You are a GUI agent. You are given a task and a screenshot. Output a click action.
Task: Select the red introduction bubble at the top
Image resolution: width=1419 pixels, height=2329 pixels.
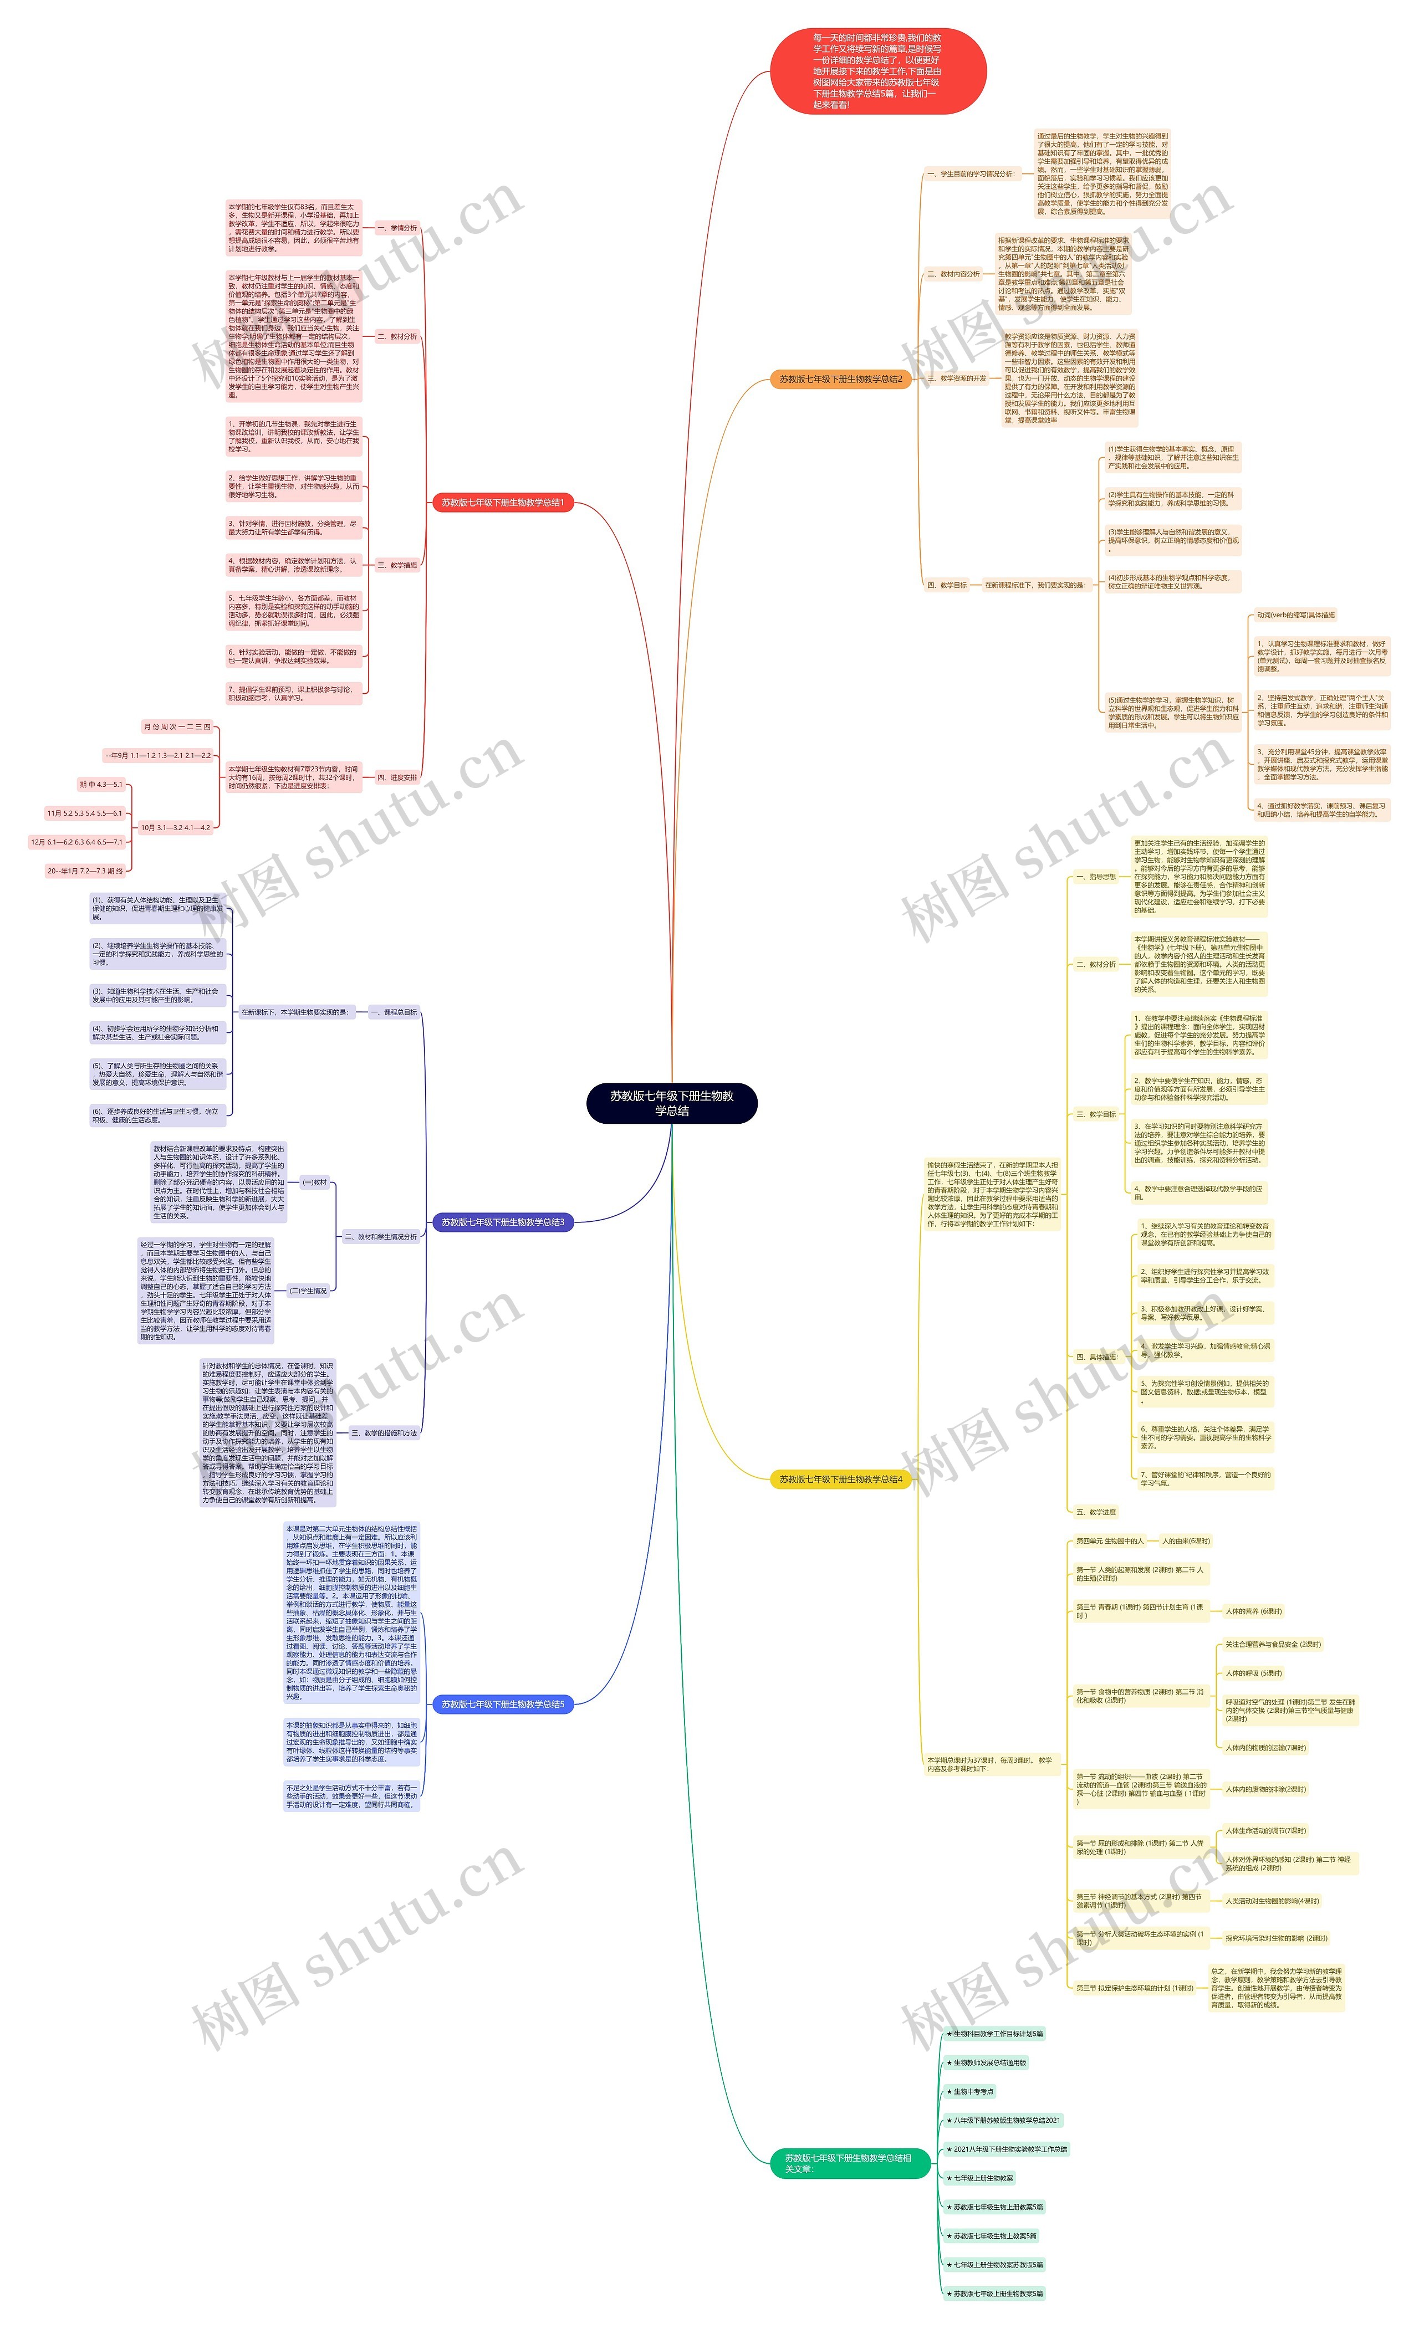[x=877, y=71]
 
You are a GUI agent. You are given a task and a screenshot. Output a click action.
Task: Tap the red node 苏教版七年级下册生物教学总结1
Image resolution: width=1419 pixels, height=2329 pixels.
[x=502, y=503]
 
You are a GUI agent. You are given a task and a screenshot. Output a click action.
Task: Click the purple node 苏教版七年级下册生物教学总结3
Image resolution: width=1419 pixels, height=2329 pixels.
[x=502, y=1222]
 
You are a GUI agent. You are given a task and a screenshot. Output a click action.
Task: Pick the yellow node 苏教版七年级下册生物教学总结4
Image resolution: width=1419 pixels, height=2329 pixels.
[x=840, y=1480]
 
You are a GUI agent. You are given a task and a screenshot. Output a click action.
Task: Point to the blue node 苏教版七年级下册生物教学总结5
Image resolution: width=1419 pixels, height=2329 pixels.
[x=502, y=1704]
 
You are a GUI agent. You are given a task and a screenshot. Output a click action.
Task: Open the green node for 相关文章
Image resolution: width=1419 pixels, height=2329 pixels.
[x=849, y=2163]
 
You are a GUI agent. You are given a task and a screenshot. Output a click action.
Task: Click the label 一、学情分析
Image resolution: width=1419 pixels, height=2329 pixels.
[x=397, y=228]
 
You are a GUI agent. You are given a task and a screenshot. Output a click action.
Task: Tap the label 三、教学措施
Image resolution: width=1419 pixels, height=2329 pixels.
[x=397, y=565]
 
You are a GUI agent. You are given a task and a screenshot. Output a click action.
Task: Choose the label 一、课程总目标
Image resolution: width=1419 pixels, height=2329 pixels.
[x=394, y=1012]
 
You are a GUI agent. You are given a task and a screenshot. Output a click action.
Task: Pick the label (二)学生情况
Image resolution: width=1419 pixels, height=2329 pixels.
[x=308, y=1290]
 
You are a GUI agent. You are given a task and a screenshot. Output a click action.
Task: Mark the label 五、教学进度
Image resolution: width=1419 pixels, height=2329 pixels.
[x=1096, y=1512]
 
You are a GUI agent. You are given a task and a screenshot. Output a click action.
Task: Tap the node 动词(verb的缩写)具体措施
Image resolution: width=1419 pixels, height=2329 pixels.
[x=1295, y=615]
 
